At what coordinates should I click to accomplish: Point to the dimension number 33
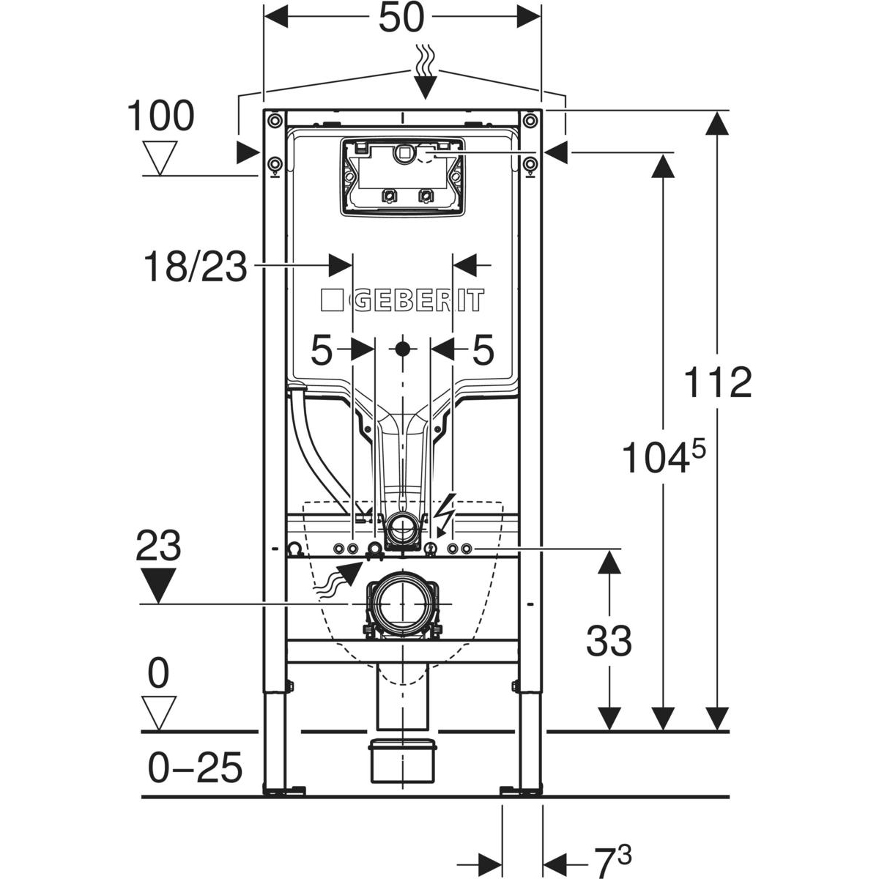tap(609, 641)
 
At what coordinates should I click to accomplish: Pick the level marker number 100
tap(160, 115)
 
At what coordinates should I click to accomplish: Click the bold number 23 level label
tap(159, 546)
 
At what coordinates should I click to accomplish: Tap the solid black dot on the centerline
tap(401, 349)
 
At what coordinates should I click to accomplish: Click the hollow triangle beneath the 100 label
tap(160, 155)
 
